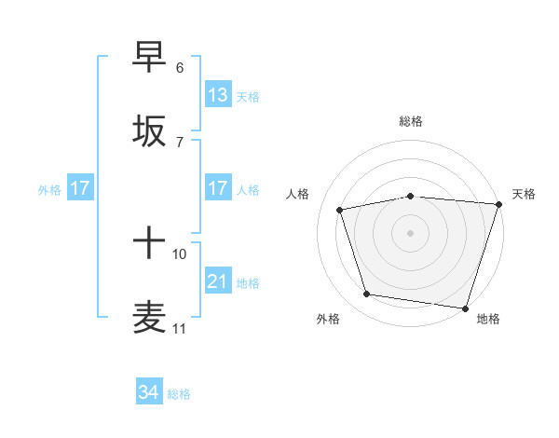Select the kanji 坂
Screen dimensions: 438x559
[150, 131]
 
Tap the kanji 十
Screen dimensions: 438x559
[150, 245]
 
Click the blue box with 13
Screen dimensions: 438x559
[218, 95]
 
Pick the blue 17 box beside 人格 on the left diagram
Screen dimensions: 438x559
[218, 188]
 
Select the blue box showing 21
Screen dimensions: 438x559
[218, 281]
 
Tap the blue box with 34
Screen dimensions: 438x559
[149, 392]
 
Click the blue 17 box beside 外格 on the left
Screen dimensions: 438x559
[79, 188]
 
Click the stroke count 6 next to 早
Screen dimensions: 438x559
[180, 68]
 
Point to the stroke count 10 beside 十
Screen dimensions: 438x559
[180, 253]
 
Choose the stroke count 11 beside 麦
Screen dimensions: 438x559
[180, 329]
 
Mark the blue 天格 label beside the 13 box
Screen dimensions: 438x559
[248, 96]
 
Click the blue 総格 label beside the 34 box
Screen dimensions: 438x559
[179, 394]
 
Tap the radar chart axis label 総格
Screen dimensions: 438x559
[411, 121]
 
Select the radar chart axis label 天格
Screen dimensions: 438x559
[525, 194]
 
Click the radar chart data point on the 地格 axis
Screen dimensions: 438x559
[465, 308]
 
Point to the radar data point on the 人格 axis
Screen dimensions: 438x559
[340, 210]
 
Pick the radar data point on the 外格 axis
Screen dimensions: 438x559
[367, 294]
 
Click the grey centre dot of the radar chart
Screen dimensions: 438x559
[411, 232]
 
